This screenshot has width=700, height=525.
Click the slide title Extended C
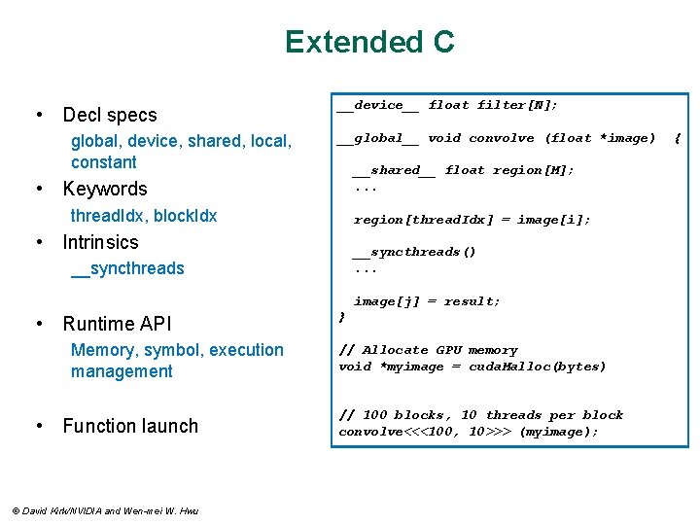click(369, 42)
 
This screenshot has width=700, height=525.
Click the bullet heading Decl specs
click(109, 115)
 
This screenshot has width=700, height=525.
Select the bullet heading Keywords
click(105, 189)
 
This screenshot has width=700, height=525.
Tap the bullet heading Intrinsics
click(100, 242)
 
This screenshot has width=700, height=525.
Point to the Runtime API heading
click(116, 324)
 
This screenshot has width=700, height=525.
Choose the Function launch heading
click(129, 426)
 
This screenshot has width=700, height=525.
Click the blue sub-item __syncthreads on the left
click(127, 268)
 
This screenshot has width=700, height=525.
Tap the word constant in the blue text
click(104, 162)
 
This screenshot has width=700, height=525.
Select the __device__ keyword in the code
click(378, 105)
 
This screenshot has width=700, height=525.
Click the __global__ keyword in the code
click(378, 138)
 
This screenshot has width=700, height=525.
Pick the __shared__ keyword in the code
click(394, 170)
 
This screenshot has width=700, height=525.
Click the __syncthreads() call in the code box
click(414, 252)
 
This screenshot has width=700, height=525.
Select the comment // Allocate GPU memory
click(428, 350)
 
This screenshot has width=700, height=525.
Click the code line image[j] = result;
click(427, 301)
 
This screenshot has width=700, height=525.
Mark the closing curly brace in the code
click(341, 317)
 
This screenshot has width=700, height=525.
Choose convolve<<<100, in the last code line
click(398, 432)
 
